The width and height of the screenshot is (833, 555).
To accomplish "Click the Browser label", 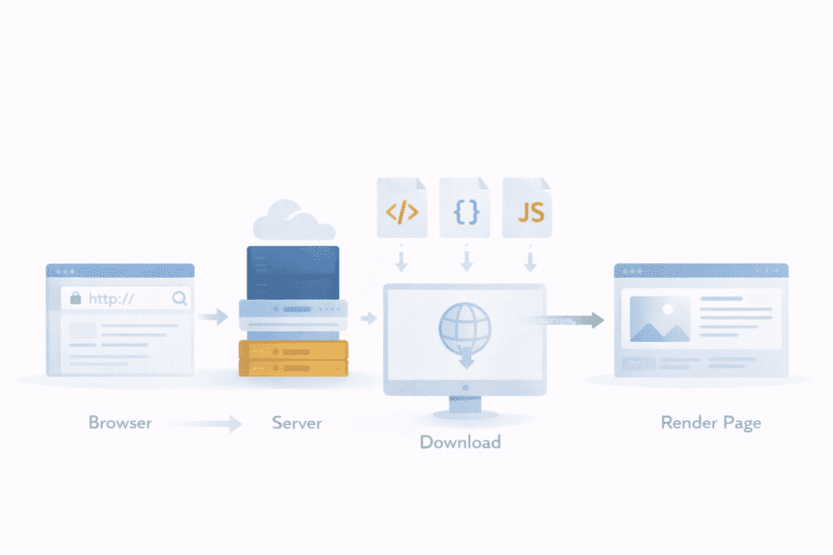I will [120, 423].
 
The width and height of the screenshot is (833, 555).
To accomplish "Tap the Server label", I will [297, 423].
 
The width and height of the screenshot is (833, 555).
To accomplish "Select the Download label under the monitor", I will [460, 442].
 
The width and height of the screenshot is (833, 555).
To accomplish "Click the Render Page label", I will [711, 423].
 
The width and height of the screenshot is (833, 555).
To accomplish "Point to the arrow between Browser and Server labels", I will [210, 423].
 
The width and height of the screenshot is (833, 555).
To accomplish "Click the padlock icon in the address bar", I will [76, 298].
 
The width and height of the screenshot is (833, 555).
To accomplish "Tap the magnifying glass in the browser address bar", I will [180, 298].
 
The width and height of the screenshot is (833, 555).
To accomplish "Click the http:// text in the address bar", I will [111, 298].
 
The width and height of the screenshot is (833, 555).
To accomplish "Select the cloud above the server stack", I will [294, 219].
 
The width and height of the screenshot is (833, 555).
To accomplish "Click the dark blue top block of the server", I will [293, 271].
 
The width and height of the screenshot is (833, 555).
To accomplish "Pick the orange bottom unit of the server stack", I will [293, 358].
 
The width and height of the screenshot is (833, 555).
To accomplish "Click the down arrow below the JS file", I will [530, 261].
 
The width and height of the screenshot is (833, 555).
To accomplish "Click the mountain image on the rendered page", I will [660, 319].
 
